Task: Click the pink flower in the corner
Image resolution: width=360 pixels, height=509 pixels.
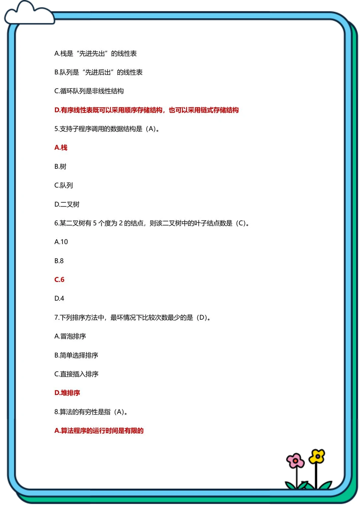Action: click(295, 461)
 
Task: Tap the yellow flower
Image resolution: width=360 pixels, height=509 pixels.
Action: click(317, 456)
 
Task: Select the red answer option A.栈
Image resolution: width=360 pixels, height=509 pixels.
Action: click(61, 148)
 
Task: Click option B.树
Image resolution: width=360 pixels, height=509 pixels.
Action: click(60, 167)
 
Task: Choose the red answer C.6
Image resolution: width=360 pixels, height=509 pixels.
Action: click(59, 280)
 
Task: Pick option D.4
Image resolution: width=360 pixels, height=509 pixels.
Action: click(59, 298)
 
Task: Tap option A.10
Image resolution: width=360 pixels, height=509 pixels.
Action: click(61, 242)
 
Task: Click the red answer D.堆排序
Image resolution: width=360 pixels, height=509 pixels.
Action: click(67, 393)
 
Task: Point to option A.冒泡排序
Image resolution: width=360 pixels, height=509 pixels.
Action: click(70, 336)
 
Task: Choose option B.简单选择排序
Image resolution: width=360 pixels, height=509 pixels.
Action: click(76, 355)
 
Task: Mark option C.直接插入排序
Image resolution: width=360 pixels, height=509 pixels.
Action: click(76, 374)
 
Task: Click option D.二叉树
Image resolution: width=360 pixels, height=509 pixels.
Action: click(67, 204)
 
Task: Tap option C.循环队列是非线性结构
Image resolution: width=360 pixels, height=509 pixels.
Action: click(89, 91)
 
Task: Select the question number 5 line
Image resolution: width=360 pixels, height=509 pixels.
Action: click(107, 129)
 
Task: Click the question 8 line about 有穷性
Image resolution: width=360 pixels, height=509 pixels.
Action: click(91, 412)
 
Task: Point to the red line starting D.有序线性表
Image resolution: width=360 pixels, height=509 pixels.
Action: click(146, 110)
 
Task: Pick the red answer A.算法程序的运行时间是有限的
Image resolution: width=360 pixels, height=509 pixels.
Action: click(99, 431)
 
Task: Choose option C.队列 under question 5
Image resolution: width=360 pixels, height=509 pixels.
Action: click(63, 185)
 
